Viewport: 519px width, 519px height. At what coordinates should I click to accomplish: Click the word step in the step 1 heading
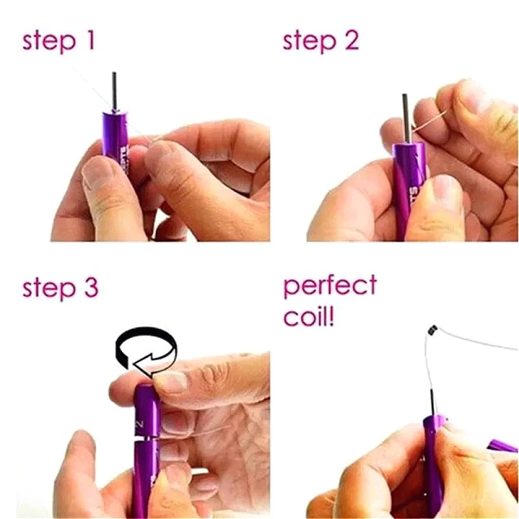coord(49,42)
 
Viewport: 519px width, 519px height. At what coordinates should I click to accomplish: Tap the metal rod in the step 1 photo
coord(114,91)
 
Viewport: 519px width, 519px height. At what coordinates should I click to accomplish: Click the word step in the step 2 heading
coord(308,42)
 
